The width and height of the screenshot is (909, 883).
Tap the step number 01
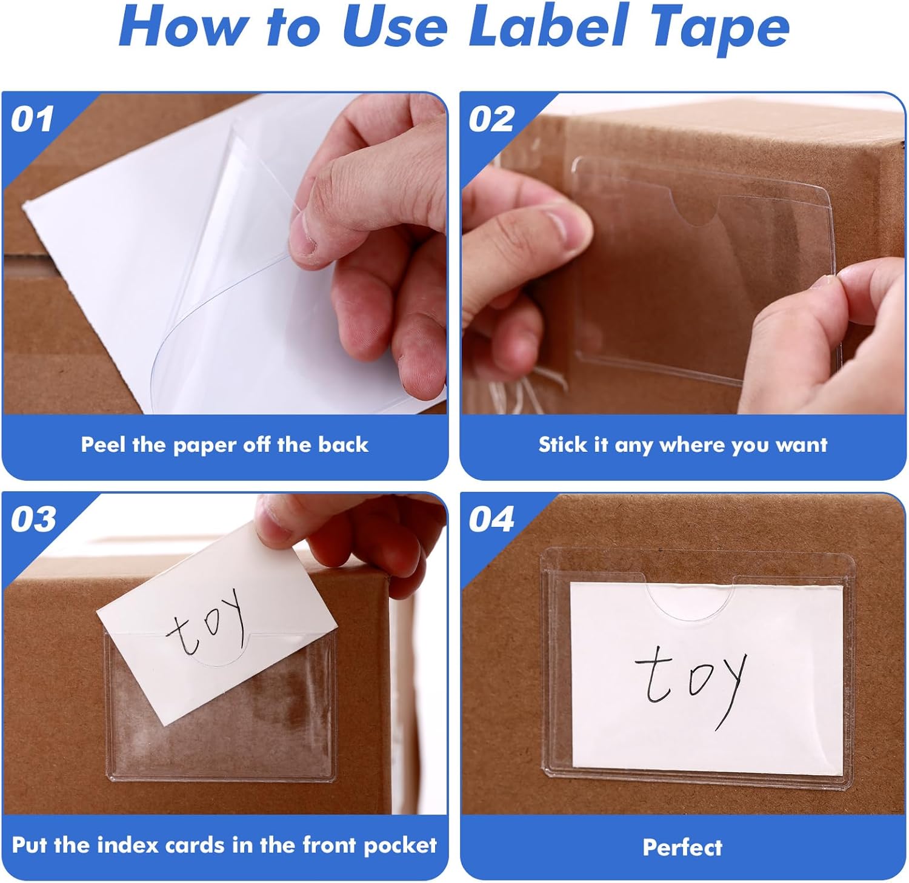point(33,119)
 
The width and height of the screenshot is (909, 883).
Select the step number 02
point(491,119)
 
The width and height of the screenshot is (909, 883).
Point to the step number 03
point(33,519)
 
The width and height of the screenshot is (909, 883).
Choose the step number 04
point(491,519)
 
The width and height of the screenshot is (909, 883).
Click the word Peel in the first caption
point(104,445)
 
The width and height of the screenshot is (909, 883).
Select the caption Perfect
point(682,847)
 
